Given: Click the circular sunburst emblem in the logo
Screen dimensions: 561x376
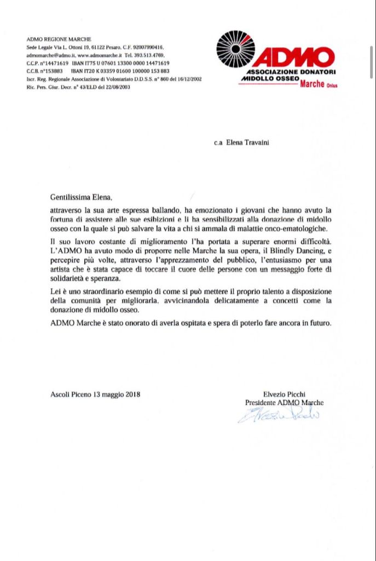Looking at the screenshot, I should click(x=235, y=51).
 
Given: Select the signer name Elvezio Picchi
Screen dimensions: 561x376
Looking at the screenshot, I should click(x=284, y=393).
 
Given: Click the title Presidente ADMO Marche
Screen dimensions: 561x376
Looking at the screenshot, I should click(x=284, y=402).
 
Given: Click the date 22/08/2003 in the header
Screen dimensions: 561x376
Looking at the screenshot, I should click(x=120, y=87).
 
